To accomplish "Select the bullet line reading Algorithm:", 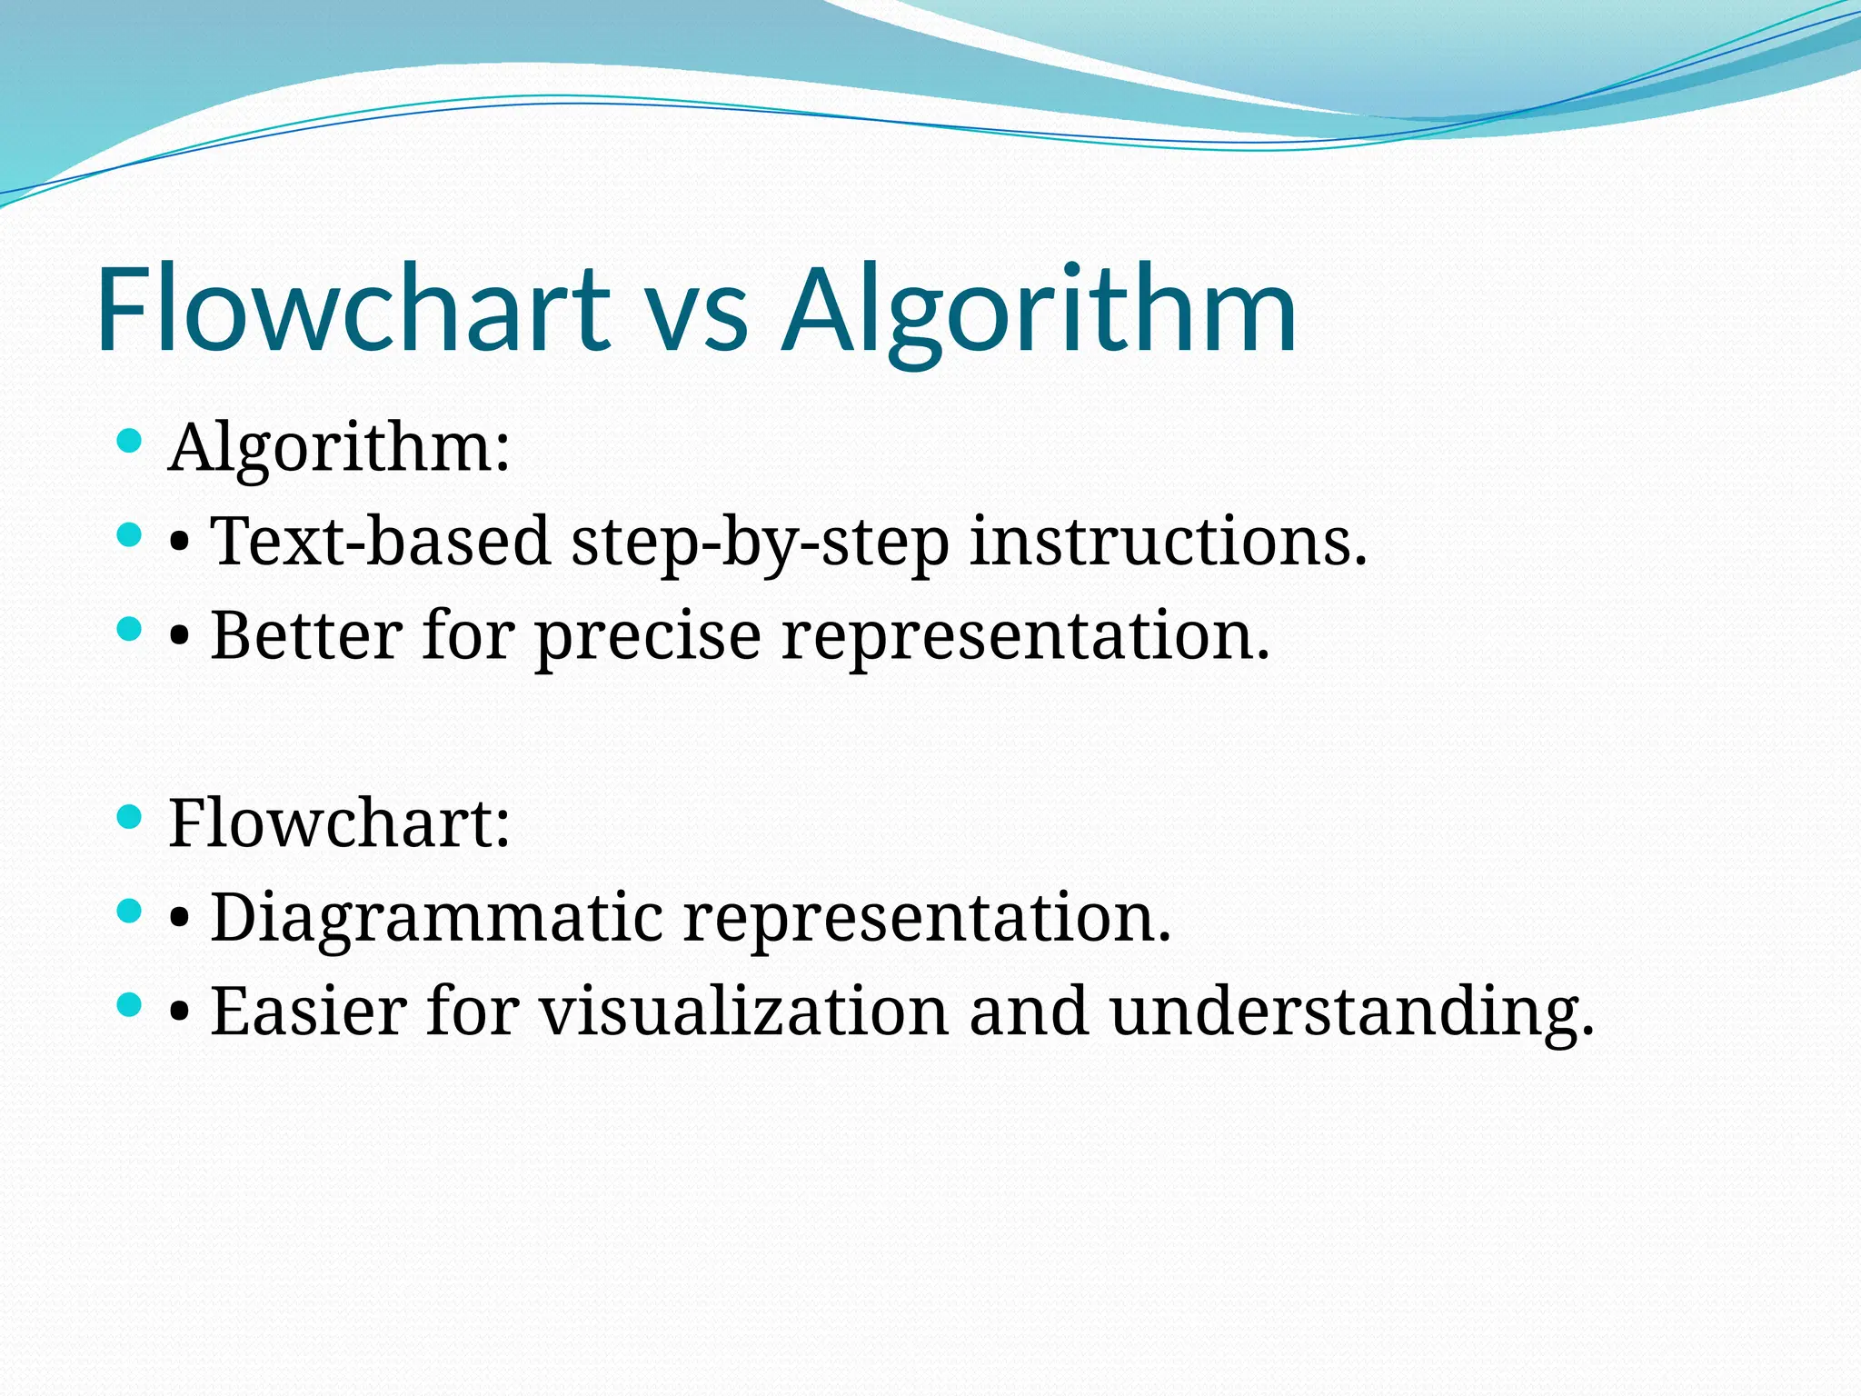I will coord(339,448).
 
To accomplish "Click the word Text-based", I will coord(380,542).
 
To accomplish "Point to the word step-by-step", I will coord(760,543).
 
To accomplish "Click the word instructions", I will coord(1168,542).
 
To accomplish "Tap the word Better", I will coord(306,635).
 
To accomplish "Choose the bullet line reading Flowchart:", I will coord(339,823).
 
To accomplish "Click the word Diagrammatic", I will coord(436,918).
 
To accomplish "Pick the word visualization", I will coord(744,1012).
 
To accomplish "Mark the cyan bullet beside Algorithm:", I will coord(130,442).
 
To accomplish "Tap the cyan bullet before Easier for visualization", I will coord(130,1004).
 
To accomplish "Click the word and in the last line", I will coord(1028,1012).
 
